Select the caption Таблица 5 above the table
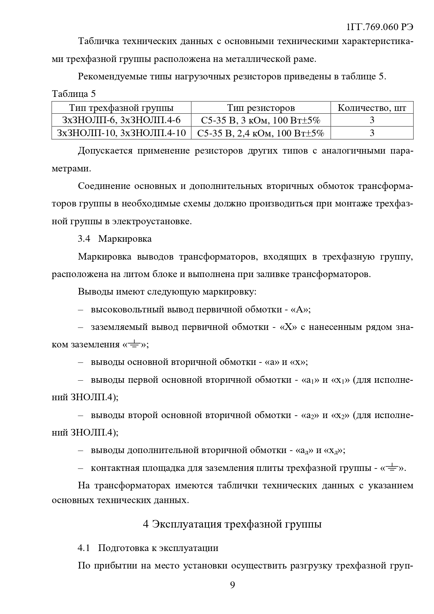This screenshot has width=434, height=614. [x=74, y=94]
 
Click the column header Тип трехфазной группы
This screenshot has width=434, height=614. [x=121, y=108]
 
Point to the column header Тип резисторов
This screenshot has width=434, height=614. [x=261, y=108]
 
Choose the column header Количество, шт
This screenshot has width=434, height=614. [x=372, y=108]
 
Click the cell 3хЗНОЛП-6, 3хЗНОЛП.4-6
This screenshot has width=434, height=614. [x=121, y=120]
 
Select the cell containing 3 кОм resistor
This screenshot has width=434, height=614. [x=261, y=120]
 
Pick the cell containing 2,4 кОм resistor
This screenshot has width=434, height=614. [x=261, y=133]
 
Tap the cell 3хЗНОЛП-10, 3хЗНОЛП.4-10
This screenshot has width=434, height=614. [x=121, y=133]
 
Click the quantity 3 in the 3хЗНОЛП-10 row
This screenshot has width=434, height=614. [x=372, y=133]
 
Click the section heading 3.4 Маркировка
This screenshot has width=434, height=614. [x=115, y=239]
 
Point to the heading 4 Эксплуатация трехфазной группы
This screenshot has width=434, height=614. [x=233, y=524]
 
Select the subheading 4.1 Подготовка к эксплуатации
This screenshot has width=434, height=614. [x=148, y=548]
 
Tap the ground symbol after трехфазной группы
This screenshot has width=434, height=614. [x=392, y=468]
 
